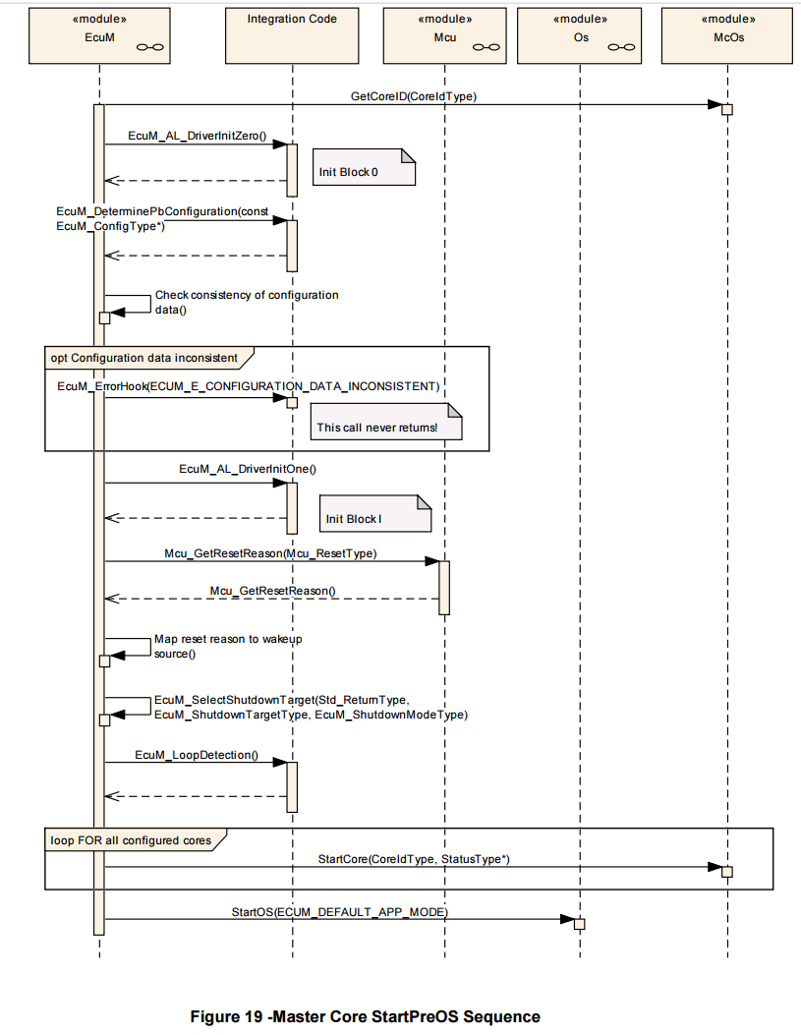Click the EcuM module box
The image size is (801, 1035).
(x=99, y=35)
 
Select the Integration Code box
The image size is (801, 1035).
(x=292, y=35)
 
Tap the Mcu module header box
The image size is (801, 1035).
(x=444, y=35)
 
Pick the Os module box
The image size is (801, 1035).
(x=579, y=35)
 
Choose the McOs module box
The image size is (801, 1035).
(x=727, y=35)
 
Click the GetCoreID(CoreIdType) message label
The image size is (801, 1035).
(x=414, y=96)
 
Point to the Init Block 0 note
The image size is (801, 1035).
(x=365, y=167)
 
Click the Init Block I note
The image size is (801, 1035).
(x=375, y=513)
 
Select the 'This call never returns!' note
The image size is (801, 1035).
(x=386, y=422)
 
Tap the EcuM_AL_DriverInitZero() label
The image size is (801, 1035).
(x=198, y=136)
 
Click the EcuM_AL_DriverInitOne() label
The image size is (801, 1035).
(x=248, y=469)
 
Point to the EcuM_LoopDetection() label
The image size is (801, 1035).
(x=197, y=755)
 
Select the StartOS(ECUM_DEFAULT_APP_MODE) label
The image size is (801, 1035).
(x=340, y=912)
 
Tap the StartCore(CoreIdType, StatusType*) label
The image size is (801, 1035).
(x=414, y=859)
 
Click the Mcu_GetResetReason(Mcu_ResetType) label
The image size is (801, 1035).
(x=270, y=553)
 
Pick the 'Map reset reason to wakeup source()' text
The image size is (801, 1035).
(x=228, y=646)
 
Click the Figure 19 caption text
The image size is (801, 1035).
(x=365, y=1016)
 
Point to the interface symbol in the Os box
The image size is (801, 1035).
(x=621, y=47)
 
